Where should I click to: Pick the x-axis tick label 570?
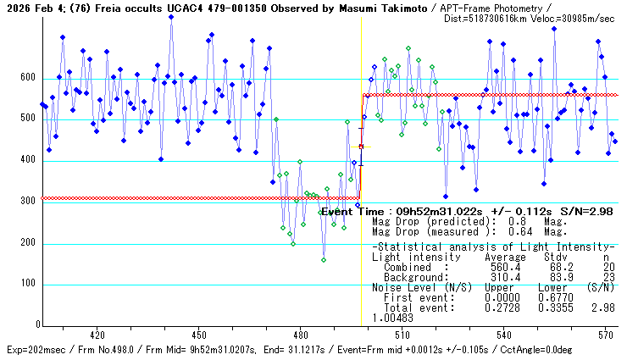[x=605, y=335]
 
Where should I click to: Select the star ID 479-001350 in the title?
[x=224, y=8]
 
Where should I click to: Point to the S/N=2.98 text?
[x=569, y=211]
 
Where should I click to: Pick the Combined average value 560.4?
[x=499, y=267]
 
